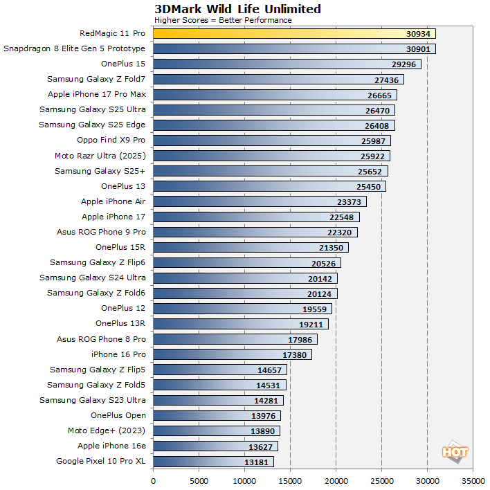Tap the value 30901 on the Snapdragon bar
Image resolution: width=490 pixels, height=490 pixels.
click(419, 48)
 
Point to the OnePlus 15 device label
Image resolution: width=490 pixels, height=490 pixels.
click(123, 64)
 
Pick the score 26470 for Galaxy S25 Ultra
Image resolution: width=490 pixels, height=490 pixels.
click(377, 109)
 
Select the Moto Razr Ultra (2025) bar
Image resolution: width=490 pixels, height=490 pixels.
click(263, 156)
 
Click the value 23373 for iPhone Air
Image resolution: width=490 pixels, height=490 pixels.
click(349, 201)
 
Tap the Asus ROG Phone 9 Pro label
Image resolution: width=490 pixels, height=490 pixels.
click(101, 232)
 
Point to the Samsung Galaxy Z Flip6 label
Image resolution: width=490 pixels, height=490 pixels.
click(98, 262)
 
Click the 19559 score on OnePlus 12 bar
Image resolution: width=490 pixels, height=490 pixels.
click(314, 309)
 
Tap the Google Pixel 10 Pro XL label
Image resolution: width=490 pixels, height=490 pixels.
click(101, 461)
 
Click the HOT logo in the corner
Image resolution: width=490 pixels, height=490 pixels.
click(455, 453)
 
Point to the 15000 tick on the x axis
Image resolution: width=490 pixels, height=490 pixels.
click(290, 478)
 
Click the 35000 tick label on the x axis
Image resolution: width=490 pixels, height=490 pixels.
click(473, 478)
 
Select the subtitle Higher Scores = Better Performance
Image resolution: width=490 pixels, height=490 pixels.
click(223, 20)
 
